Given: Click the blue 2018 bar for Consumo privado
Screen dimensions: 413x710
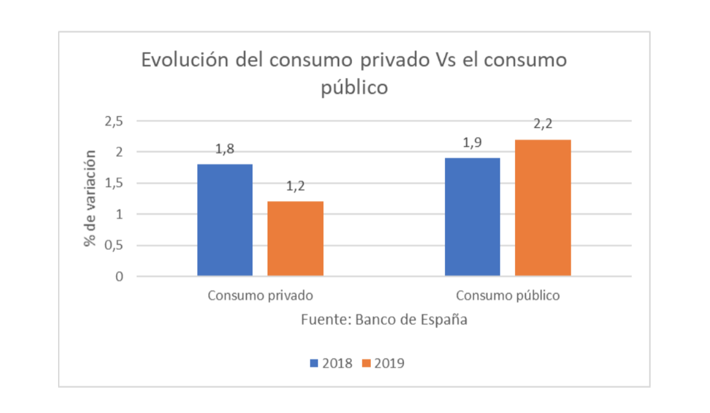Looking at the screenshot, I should click(x=225, y=220).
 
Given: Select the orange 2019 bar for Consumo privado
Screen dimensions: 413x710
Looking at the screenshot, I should click(x=295, y=238).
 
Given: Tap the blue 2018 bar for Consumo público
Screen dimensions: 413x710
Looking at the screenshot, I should click(x=472, y=217).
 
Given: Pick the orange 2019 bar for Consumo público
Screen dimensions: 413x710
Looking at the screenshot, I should click(x=543, y=208).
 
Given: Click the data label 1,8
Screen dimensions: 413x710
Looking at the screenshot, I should click(x=225, y=150).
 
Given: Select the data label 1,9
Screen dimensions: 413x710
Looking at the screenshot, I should click(x=472, y=144).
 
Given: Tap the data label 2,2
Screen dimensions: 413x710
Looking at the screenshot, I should click(x=543, y=125).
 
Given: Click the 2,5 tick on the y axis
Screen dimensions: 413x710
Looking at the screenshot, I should click(x=114, y=121).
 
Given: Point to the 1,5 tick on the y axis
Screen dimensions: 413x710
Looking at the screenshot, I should click(x=114, y=183).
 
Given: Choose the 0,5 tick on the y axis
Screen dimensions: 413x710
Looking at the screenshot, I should click(x=114, y=246).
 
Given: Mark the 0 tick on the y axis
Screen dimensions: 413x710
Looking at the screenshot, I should click(x=119, y=277).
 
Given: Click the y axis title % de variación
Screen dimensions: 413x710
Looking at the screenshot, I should click(x=91, y=199).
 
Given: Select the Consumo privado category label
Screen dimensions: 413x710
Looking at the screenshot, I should click(x=260, y=296).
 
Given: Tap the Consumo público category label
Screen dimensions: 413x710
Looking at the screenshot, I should click(x=507, y=296).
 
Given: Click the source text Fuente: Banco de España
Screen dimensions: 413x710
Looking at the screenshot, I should click(x=384, y=320).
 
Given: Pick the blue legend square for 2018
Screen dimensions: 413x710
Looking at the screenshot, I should click(x=315, y=363).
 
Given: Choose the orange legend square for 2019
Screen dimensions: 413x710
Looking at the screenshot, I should click(x=367, y=363).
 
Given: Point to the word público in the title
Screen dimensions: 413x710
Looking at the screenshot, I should click(x=355, y=87).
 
